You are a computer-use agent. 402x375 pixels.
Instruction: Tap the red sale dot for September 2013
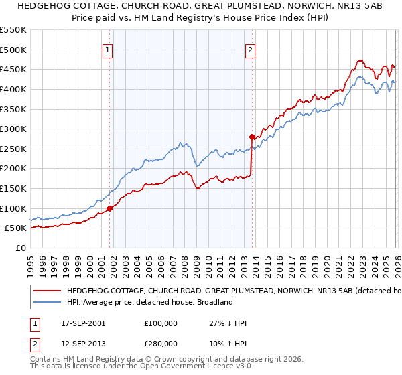pos(252,137)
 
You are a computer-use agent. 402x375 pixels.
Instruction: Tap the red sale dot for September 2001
pos(110,208)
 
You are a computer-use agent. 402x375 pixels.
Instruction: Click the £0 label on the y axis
pos(20,248)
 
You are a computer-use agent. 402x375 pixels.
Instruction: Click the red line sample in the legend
pos(48,291)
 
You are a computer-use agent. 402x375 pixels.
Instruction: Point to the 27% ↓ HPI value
pos(228,323)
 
